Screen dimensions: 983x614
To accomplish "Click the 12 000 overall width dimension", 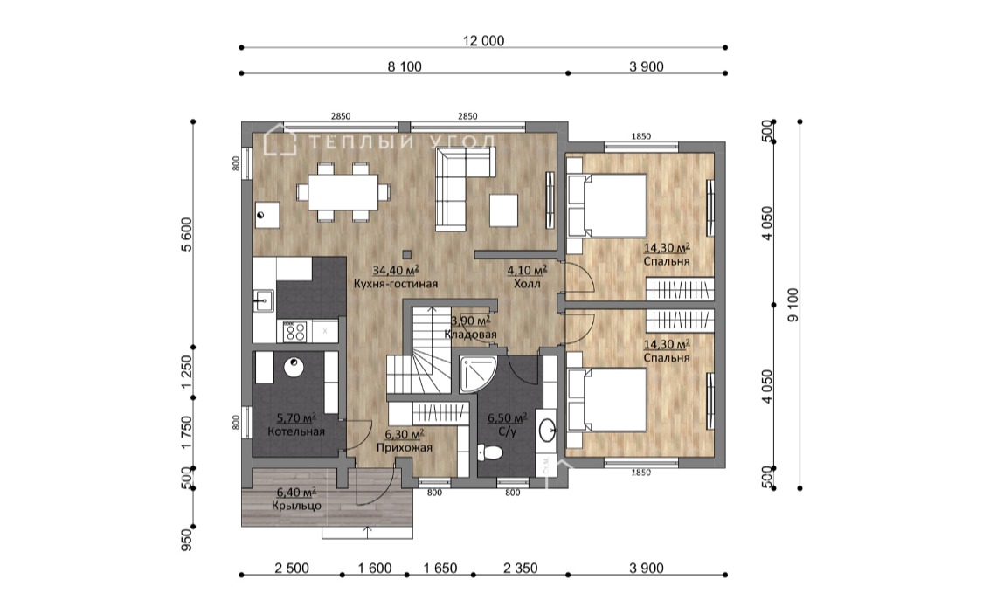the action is [x=483, y=41].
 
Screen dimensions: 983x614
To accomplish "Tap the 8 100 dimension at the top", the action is [x=405, y=66].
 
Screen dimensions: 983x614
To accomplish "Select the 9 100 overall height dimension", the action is [x=793, y=305].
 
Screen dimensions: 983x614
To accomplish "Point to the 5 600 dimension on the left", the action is [x=187, y=234].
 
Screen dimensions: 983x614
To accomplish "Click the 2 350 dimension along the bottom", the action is [x=521, y=569].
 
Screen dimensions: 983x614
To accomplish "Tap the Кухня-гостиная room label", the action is [x=396, y=284].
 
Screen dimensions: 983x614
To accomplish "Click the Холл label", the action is [x=527, y=284].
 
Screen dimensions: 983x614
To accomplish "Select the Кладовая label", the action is [x=470, y=334].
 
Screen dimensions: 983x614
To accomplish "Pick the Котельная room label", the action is [x=296, y=431].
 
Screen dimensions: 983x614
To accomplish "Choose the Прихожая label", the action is [x=405, y=447].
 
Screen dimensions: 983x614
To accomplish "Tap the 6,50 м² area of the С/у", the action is [x=507, y=417].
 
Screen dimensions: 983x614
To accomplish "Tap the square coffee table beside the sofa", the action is [x=504, y=210].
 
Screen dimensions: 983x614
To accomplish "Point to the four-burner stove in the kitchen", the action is [x=294, y=331].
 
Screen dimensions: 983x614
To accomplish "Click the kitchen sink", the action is [x=263, y=300].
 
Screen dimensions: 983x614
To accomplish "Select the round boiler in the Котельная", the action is [x=294, y=367].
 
